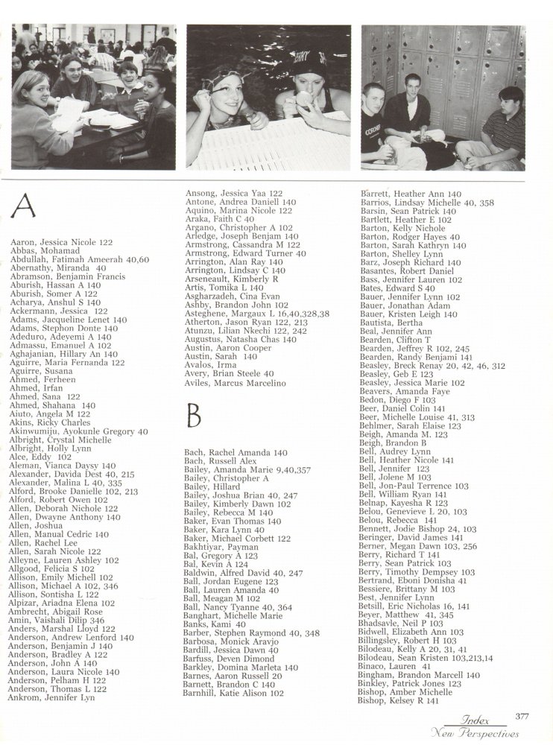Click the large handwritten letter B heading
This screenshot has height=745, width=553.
195,413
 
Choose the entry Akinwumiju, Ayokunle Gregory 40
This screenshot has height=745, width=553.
79,431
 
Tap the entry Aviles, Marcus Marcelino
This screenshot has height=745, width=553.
236,382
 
